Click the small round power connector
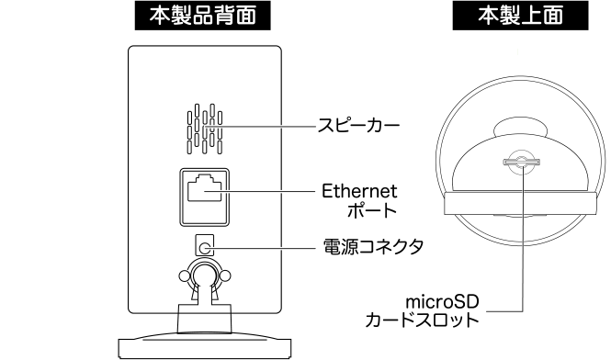(205, 245)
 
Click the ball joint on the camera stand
(204, 275)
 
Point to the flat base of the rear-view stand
(203, 346)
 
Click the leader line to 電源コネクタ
(266, 245)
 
